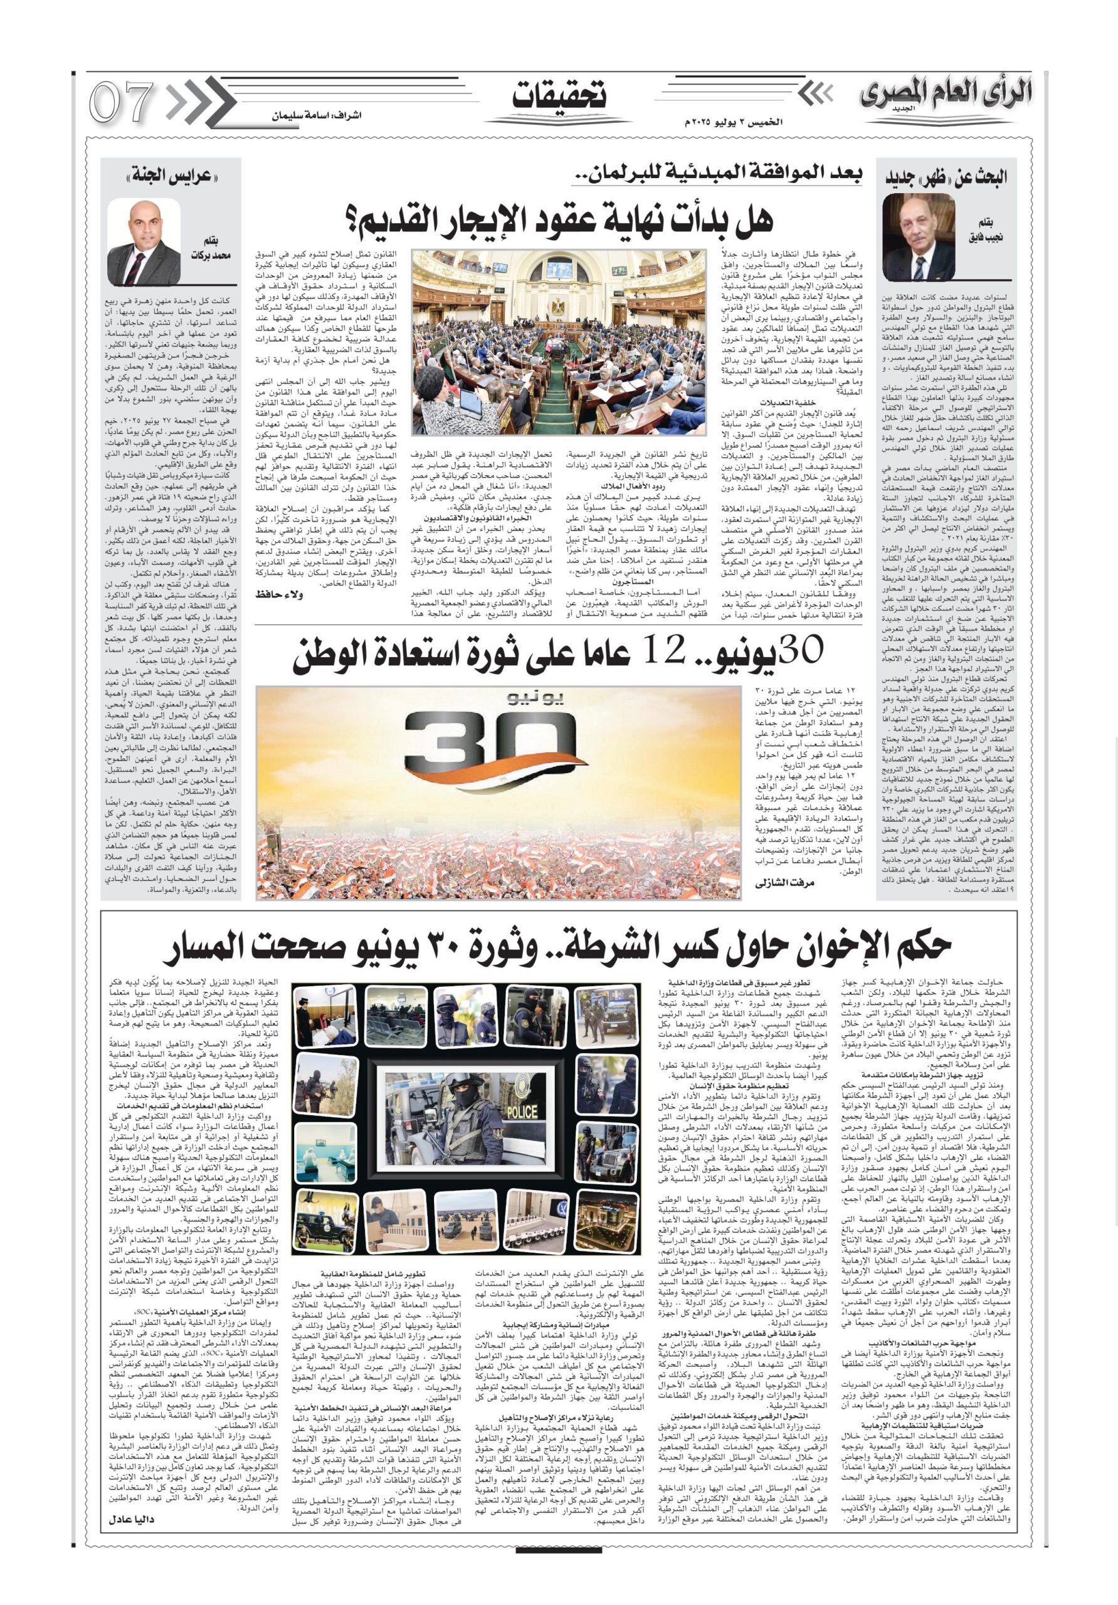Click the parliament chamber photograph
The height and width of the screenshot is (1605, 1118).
pyautogui.click(x=559, y=342)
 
